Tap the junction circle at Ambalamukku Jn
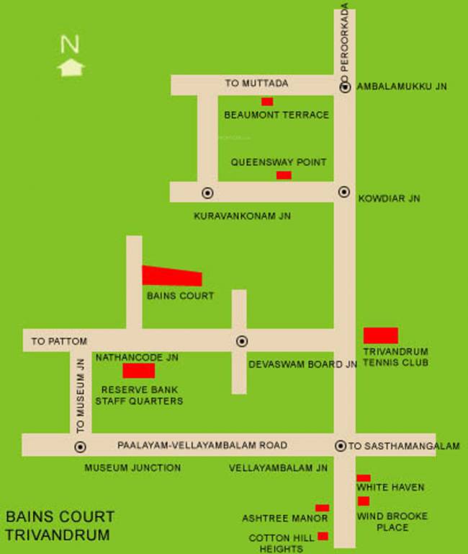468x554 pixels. click(345, 87)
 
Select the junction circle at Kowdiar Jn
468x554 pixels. click(344, 192)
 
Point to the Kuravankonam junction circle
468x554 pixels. click(208, 193)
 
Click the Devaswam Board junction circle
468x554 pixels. click(242, 341)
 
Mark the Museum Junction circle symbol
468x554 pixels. click(80, 447)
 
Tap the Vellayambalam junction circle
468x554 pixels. click(340, 446)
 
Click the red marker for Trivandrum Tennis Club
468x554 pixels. click(380, 335)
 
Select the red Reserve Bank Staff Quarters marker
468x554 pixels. click(138, 371)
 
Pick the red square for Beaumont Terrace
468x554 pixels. click(267, 102)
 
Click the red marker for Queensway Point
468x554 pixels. click(284, 175)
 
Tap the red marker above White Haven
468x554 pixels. click(364, 478)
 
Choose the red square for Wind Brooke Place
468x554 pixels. click(364, 501)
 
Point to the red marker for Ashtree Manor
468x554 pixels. click(322, 509)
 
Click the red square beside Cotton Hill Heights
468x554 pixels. click(323, 536)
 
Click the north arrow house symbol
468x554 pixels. click(71, 68)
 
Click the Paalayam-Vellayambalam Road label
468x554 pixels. click(202, 445)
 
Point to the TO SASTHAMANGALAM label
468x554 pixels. click(404, 447)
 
